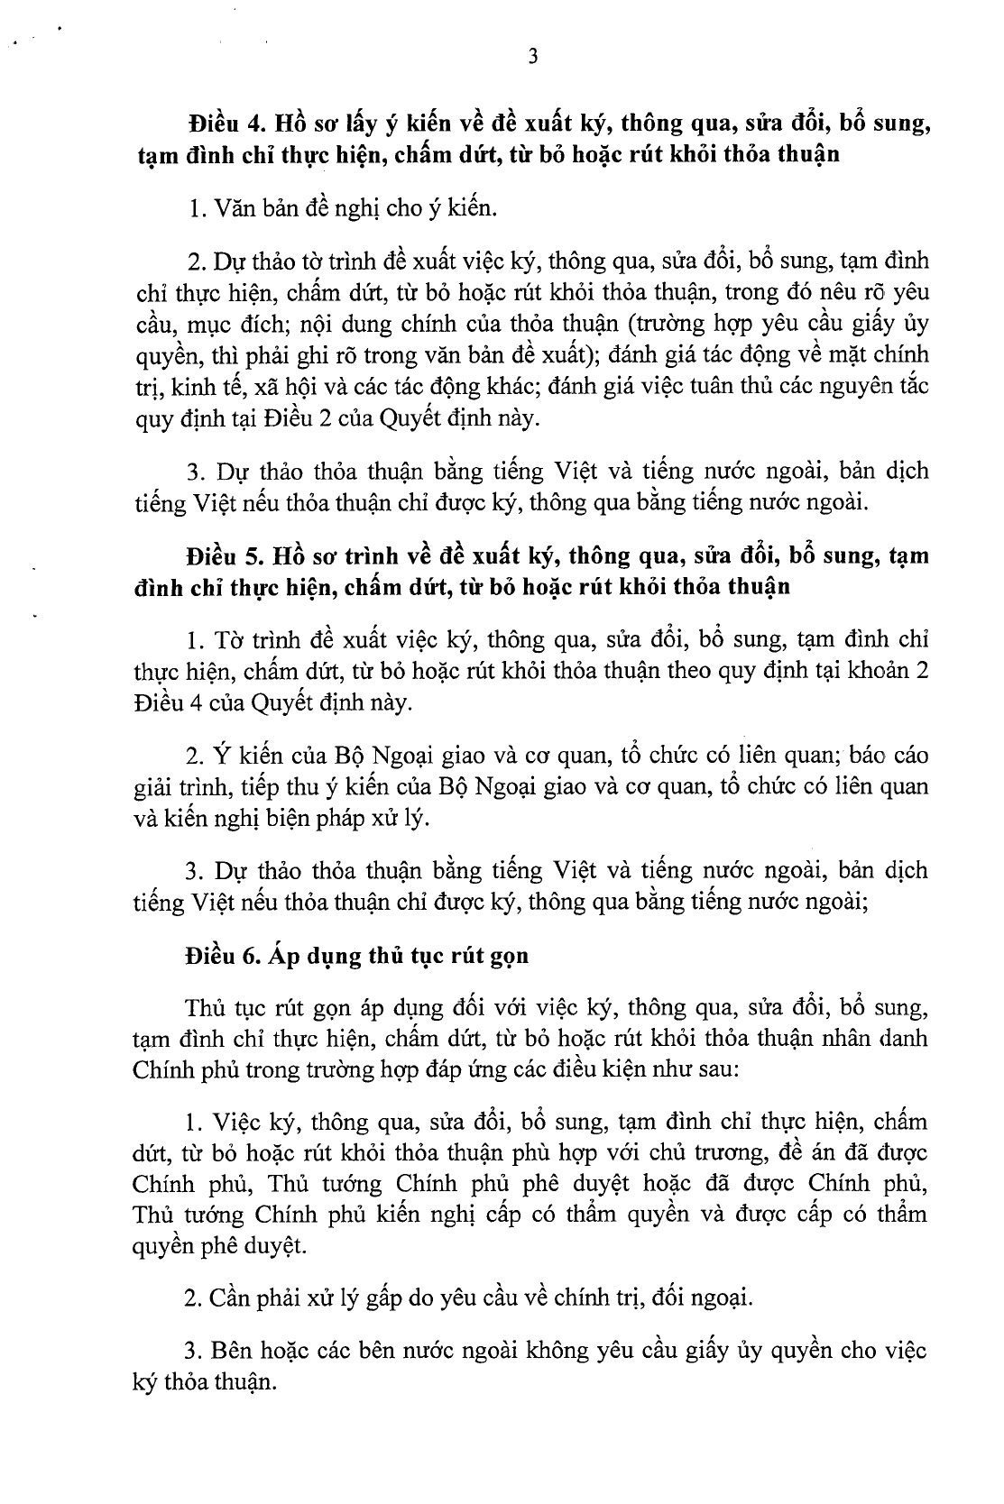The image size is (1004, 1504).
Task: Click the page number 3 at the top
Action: point(532,57)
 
